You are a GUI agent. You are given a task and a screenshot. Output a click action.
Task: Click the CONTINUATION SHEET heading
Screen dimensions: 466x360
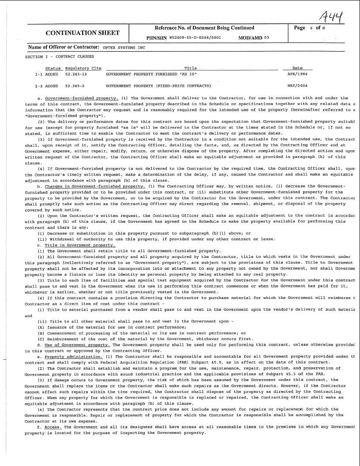(x=82, y=33)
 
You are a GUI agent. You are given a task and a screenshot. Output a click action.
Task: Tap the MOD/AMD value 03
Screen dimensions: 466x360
(x=266, y=38)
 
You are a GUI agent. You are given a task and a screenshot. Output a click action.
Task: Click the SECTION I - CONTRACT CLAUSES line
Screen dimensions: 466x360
(x=60, y=57)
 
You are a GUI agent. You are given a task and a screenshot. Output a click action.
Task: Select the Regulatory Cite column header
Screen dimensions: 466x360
(x=83, y=68)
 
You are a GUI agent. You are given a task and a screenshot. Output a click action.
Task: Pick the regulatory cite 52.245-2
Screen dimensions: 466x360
(x=75, y=86)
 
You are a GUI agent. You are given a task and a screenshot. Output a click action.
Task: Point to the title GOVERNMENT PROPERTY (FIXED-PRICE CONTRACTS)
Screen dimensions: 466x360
(x=157, y=86)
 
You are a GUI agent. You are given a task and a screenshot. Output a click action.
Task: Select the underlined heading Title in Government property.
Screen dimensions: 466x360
(x=79, y=245)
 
